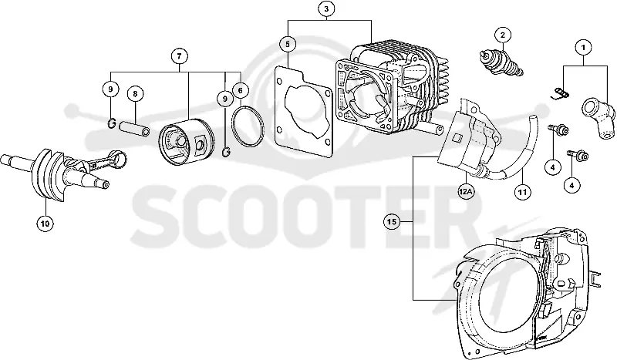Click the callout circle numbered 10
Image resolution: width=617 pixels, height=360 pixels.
point(45,224)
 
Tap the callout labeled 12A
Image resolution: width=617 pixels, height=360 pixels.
point(466,192)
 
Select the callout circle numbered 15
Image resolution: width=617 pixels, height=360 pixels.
point(392,222)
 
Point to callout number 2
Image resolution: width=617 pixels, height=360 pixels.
point(503,35)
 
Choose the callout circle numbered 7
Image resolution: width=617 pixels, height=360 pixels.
point(180,56)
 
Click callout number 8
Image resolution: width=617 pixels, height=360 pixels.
point(135,93)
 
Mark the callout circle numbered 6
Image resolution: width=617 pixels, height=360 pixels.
point(241,91)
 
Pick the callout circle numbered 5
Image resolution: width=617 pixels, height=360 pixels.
point(288,44)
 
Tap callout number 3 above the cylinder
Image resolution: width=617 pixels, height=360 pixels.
point(326,8)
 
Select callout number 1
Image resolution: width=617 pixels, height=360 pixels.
point(584,48)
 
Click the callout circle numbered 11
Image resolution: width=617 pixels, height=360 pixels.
point(522,192)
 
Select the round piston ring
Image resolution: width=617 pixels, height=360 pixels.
point(248,107)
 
